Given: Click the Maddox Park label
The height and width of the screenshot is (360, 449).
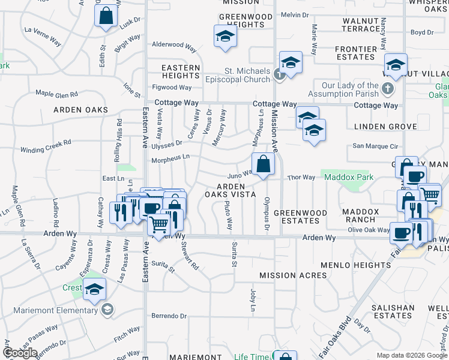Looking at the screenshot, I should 348,177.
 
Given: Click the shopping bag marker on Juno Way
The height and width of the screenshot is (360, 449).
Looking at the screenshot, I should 263,164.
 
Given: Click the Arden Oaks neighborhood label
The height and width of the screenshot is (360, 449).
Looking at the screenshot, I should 80,110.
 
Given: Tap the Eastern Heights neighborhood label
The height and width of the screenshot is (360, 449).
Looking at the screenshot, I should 181,72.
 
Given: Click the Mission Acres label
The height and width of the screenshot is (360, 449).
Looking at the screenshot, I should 293,275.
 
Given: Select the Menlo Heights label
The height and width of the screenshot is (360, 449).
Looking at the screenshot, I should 356,265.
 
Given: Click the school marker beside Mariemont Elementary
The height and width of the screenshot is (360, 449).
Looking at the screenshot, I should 94,291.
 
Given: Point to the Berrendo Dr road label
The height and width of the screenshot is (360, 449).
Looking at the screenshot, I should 169,316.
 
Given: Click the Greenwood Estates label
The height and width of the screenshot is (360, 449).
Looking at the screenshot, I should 300,217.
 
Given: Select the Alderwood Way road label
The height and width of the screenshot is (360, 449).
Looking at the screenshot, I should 174,45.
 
